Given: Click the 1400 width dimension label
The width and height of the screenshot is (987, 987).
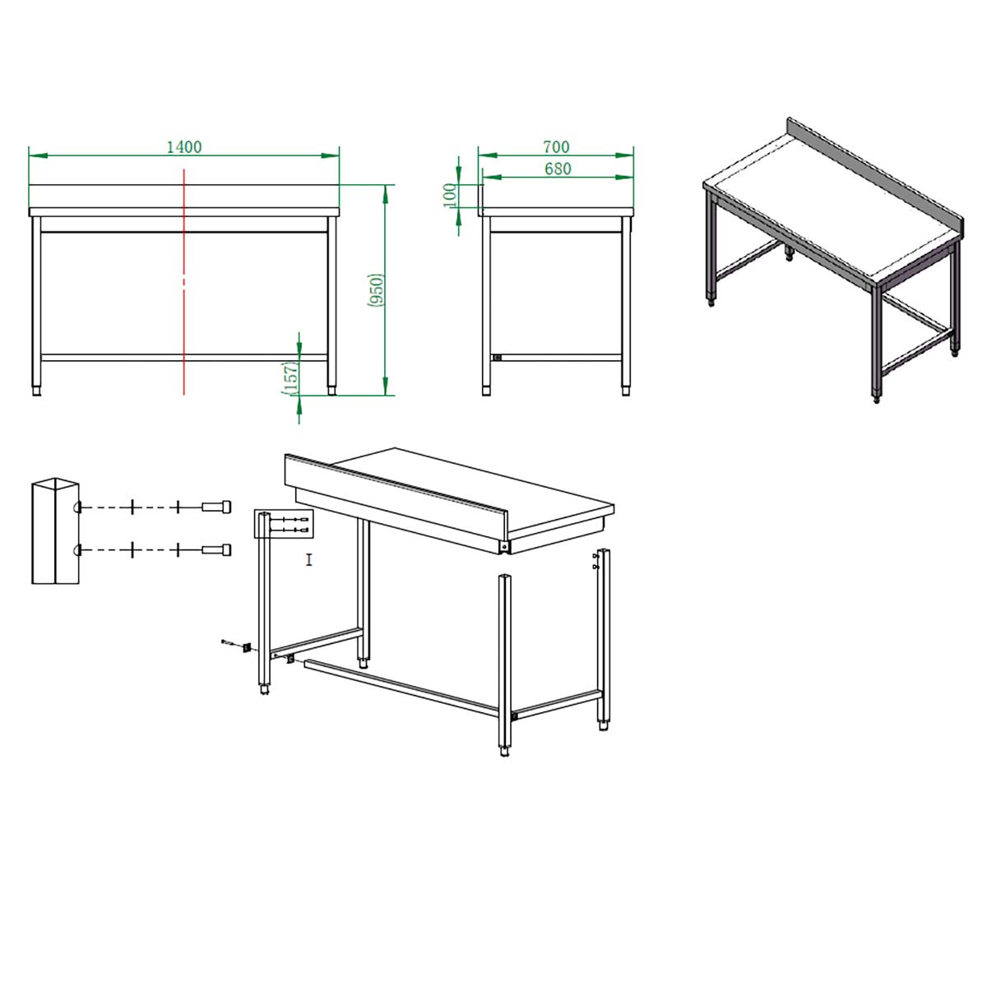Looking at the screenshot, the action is tap(184, 147).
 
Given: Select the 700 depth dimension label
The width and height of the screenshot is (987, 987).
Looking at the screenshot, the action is tap(556, 147).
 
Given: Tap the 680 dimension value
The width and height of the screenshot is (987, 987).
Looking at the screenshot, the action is tap(558, 169).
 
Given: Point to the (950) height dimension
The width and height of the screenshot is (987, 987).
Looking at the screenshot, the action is tap(375, 290).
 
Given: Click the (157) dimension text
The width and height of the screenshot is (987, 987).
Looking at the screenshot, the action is tap(290, 378).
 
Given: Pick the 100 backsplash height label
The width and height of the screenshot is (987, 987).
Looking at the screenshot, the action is tap(449, 195).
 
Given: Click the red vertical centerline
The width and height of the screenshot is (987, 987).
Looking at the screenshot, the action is tap(184, 282).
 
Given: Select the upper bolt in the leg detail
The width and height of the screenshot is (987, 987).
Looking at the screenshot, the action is tap(216, 507).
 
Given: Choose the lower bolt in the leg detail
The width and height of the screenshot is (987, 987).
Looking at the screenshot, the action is tap(216, 550).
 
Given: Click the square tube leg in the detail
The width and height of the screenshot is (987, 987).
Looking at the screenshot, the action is tap(55, 531).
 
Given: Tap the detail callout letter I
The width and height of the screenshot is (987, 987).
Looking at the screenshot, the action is tap(309, 560).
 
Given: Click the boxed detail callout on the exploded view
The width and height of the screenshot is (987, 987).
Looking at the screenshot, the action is tap(284, 523).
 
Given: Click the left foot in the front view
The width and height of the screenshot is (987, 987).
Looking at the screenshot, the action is tap(36, 391).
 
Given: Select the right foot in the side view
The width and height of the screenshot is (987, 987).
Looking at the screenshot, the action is tap(626, 391).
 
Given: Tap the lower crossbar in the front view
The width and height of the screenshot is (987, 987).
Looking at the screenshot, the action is tap(184, 358).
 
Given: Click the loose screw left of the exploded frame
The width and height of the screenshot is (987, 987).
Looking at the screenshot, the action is tap(227, 642).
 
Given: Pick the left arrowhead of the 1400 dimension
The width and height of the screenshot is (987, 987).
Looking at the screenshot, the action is tap(39, 155).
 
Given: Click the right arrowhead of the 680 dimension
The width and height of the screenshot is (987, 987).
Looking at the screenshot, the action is tap(624, 177).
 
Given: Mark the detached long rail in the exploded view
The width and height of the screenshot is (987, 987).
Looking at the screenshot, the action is tap(401, 688).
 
